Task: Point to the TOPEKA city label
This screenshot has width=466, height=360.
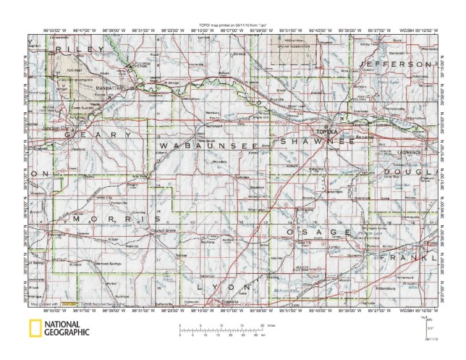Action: coord(325,132)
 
